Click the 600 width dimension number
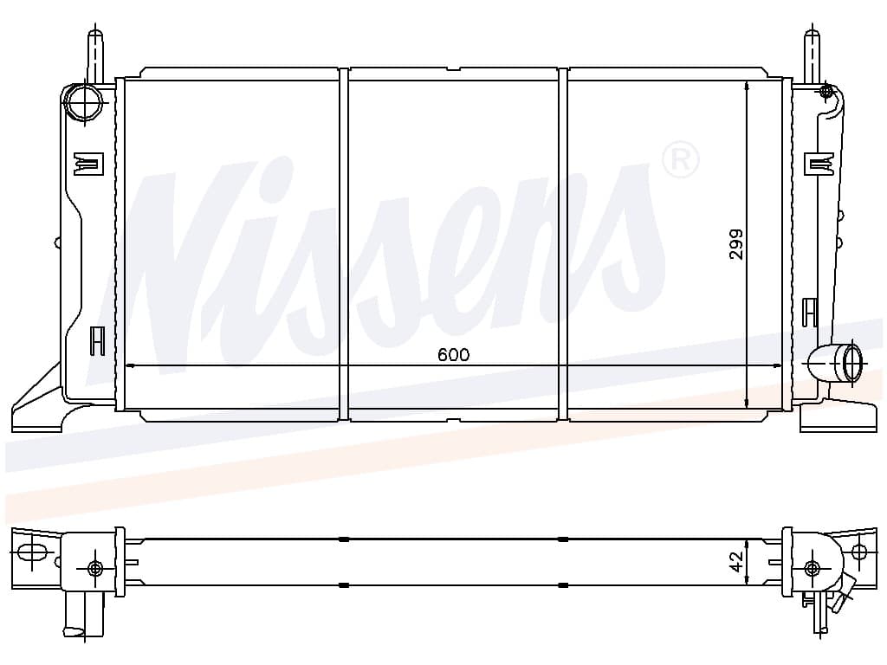(453, 354)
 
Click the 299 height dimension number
(735, 244)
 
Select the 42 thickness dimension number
(736, 562)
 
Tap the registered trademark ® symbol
(680, 159)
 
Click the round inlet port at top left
(84, 102)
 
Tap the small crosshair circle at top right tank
(825, 90)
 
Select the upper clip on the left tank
(89, 164)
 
